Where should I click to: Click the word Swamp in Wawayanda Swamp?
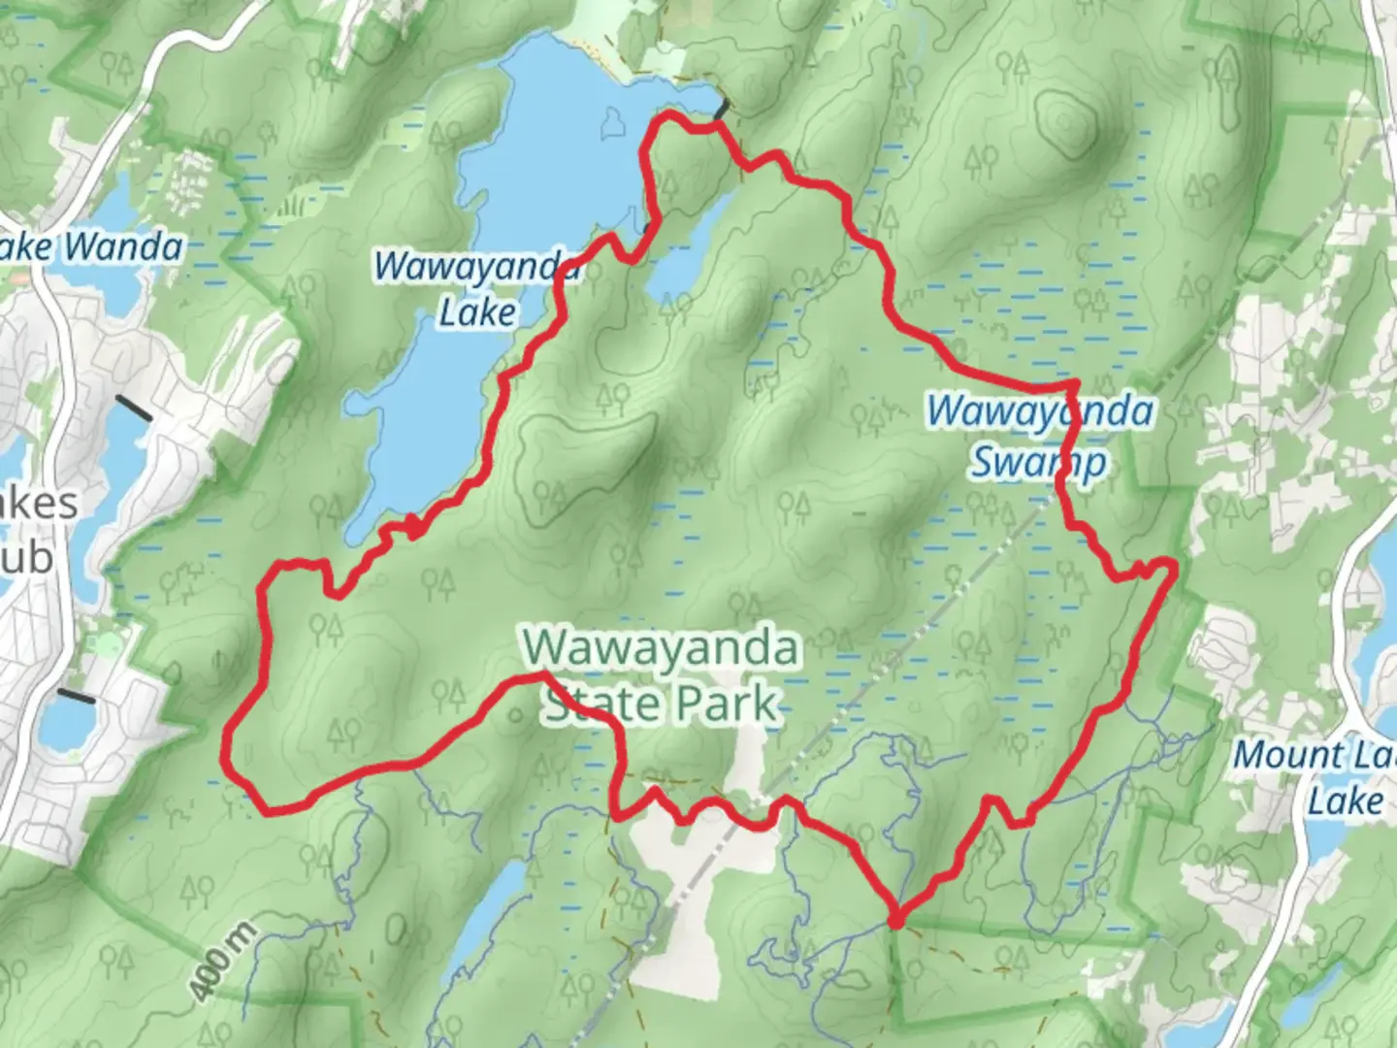click(1038, 462)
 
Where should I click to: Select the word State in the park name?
click(593, 704)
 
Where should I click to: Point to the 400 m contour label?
click(222, 962)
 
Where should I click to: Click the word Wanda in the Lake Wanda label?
click(123, 246)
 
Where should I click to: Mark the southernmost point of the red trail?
click(896, 917)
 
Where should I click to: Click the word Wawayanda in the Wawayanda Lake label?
click(475, 265)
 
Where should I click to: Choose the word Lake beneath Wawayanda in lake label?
click(477, 312)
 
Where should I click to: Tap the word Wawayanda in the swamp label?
click(1039, 411)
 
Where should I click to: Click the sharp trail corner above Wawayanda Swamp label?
click(1073, 385)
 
